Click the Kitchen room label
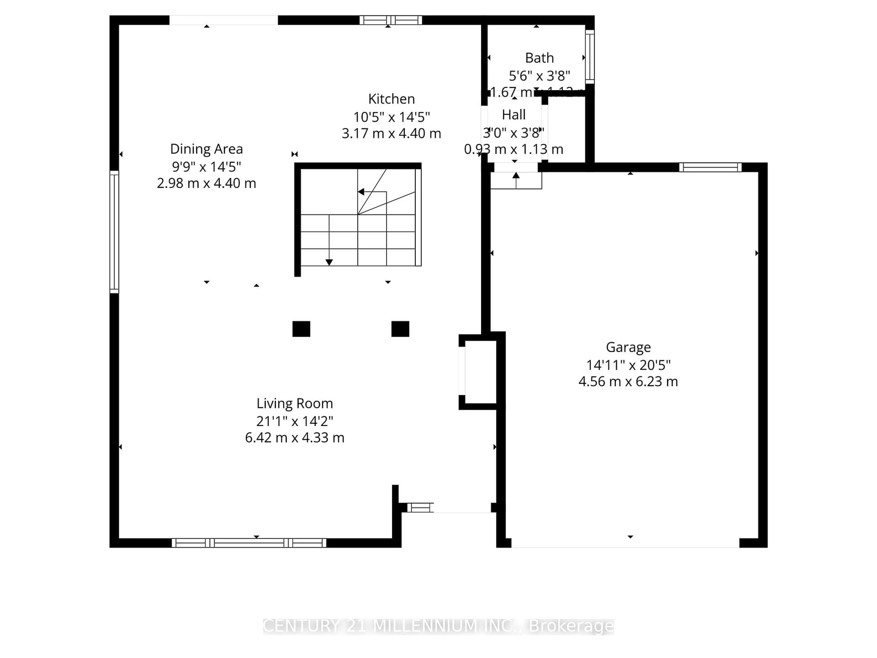(391, 99)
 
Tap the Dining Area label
(206, 149)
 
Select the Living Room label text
(295, 403)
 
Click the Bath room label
(539, 58)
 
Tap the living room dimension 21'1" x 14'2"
(295, 421)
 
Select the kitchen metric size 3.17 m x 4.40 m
(391, 133)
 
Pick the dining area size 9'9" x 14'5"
(206, 167)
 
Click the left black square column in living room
(301, 329)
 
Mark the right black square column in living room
(400, 329)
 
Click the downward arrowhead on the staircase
(329, 262)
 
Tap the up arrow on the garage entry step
(516, 175)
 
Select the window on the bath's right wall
(590, 57)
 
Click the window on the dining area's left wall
(114, 232)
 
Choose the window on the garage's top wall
(710, 167)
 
